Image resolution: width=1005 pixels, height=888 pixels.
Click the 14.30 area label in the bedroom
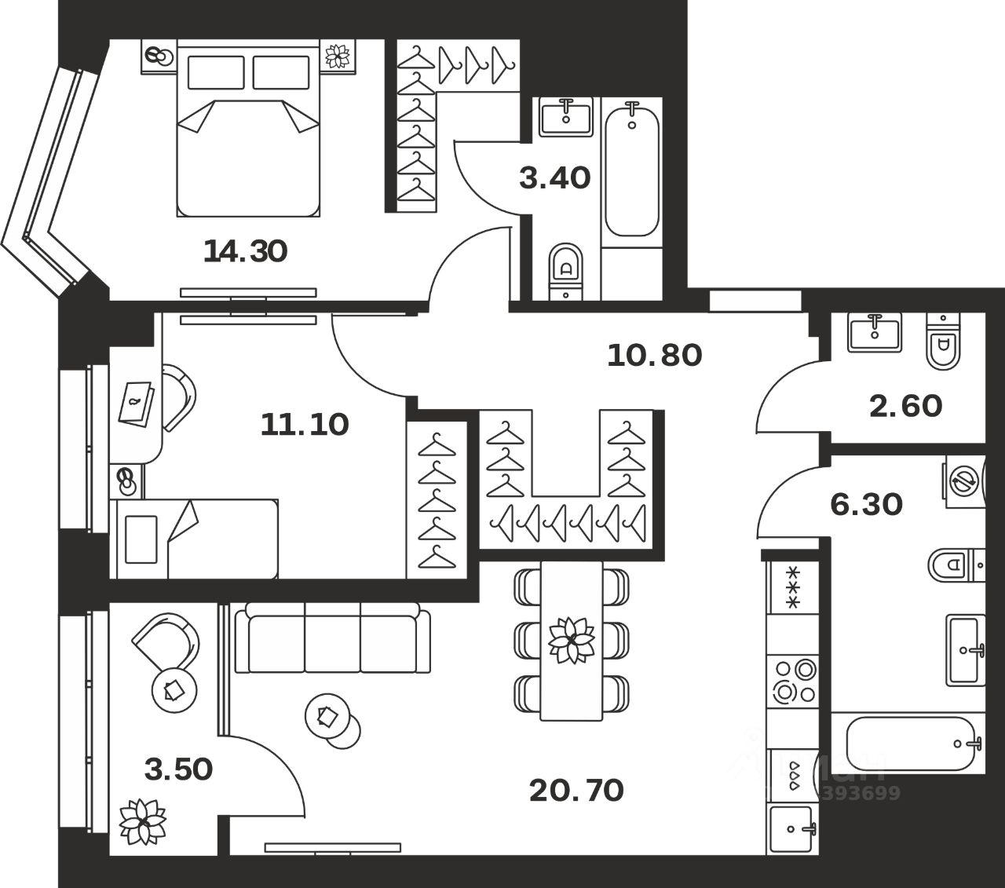tap(245, 251)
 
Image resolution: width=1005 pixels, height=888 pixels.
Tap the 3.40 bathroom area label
tap(554, 178)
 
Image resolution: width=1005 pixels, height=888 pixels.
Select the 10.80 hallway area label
tap(654, 356)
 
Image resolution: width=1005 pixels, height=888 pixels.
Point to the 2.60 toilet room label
tap(905, 406)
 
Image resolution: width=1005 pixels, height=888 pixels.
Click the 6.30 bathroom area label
tap(866, 504)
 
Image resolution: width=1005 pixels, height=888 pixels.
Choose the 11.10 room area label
tap(304, 425)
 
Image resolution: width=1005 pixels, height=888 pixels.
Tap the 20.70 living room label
tap(576, 790)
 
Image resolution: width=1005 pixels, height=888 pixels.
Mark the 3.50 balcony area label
tap(178, 769)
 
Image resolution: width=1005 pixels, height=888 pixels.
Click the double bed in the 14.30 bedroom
tap(248, 130)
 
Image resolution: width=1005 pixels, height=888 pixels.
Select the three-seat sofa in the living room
tap(333, 638)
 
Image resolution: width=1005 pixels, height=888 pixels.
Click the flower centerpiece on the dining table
tap(572, 640)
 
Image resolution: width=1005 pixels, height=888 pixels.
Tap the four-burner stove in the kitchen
tap(794, 681)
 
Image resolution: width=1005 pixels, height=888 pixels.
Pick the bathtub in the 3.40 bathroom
tap(632, 169)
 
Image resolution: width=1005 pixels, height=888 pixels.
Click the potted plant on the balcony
tap(142, 821)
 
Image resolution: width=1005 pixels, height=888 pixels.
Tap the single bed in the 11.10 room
tap(196, 538)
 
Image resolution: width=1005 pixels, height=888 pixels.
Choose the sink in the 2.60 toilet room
tap(875, 331)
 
